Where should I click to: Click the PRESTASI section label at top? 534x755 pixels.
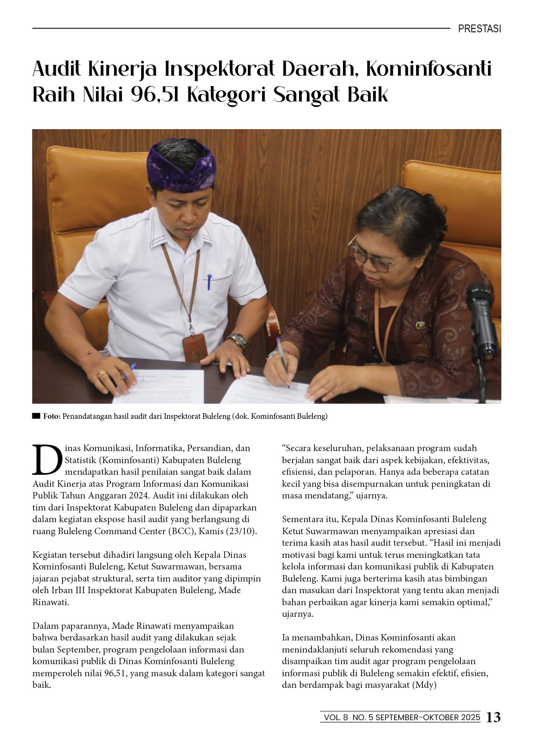[479, 29]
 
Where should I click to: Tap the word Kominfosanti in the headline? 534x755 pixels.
[429, 69]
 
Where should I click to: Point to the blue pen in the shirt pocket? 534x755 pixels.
[209, 282]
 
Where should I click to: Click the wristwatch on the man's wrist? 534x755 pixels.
[238, 340]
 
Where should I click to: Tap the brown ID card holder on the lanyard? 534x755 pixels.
[194, 348]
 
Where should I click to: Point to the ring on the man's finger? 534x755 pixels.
[101, 374]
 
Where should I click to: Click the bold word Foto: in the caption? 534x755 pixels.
[52, 416]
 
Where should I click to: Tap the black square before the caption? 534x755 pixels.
[36, 416]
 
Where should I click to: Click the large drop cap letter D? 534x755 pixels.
[47, 459]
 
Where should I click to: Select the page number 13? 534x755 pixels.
[493, 717]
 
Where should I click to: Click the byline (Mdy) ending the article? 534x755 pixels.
[424, 685]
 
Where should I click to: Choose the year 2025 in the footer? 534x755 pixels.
[470, 718]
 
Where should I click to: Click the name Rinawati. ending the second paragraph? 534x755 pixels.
[51, 602]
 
